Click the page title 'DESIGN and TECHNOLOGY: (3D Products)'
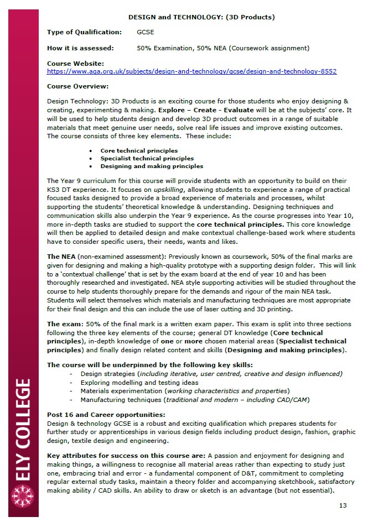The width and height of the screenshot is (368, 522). pos(201,17)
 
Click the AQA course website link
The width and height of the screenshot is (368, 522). pos(191,71)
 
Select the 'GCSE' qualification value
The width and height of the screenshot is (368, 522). pos(146,33)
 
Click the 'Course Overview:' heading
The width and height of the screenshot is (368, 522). pos(77,86)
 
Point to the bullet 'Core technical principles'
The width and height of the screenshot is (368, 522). pos(139,150)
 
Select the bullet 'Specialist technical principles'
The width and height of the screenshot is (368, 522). pos(147,158)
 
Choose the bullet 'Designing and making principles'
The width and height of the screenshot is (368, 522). pos(152,166)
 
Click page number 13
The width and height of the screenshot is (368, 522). pos(343,505)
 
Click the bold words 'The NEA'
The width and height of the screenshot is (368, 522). pos(61,257)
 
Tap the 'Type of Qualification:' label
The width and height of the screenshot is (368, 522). pos(84,33)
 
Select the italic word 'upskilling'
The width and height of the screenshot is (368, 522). pos(169,189)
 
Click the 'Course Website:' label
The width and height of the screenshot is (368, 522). pos(75,64)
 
